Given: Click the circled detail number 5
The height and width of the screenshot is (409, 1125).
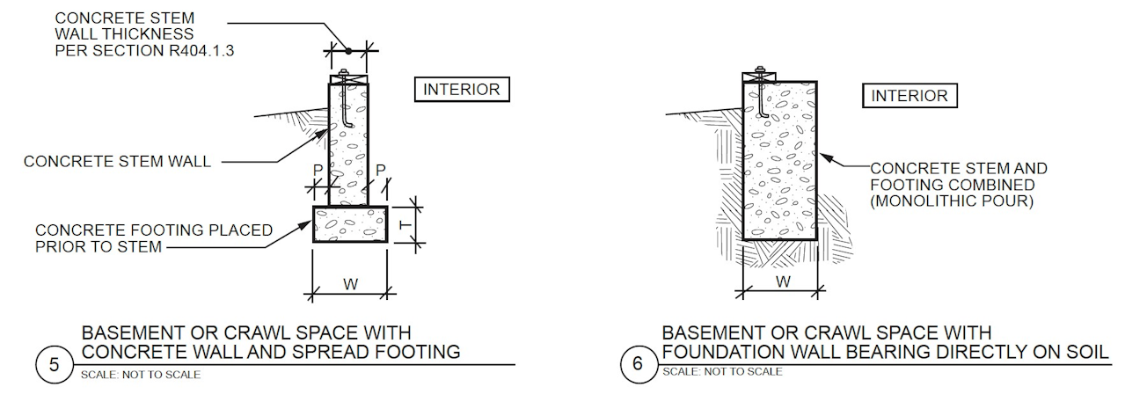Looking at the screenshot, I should point(54,365).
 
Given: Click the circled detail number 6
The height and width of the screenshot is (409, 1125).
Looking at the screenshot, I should point(635,365).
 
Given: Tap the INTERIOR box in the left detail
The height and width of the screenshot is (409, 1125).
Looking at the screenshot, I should point(461,90).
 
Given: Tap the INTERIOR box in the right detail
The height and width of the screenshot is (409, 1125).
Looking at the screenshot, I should point(909,96).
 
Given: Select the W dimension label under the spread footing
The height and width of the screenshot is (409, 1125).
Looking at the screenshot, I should point(350,284).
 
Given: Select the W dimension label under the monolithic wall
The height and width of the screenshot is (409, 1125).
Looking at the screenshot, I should point(781,282).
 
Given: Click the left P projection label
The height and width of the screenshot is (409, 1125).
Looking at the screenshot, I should point(318,170).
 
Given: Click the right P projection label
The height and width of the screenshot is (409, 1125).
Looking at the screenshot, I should point(381,170).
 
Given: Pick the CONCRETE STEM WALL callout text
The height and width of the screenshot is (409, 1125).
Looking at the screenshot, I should point(117,162).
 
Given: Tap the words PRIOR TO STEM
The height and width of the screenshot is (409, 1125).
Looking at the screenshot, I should point(99,247).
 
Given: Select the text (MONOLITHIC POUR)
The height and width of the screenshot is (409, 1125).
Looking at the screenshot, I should point(951,201).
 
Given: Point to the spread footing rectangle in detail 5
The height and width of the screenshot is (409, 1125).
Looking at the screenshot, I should point(350,224).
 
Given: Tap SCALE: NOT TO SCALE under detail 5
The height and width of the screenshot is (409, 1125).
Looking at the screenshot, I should point(140,376).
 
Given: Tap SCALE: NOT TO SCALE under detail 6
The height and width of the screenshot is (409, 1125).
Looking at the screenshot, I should point(721,371).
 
